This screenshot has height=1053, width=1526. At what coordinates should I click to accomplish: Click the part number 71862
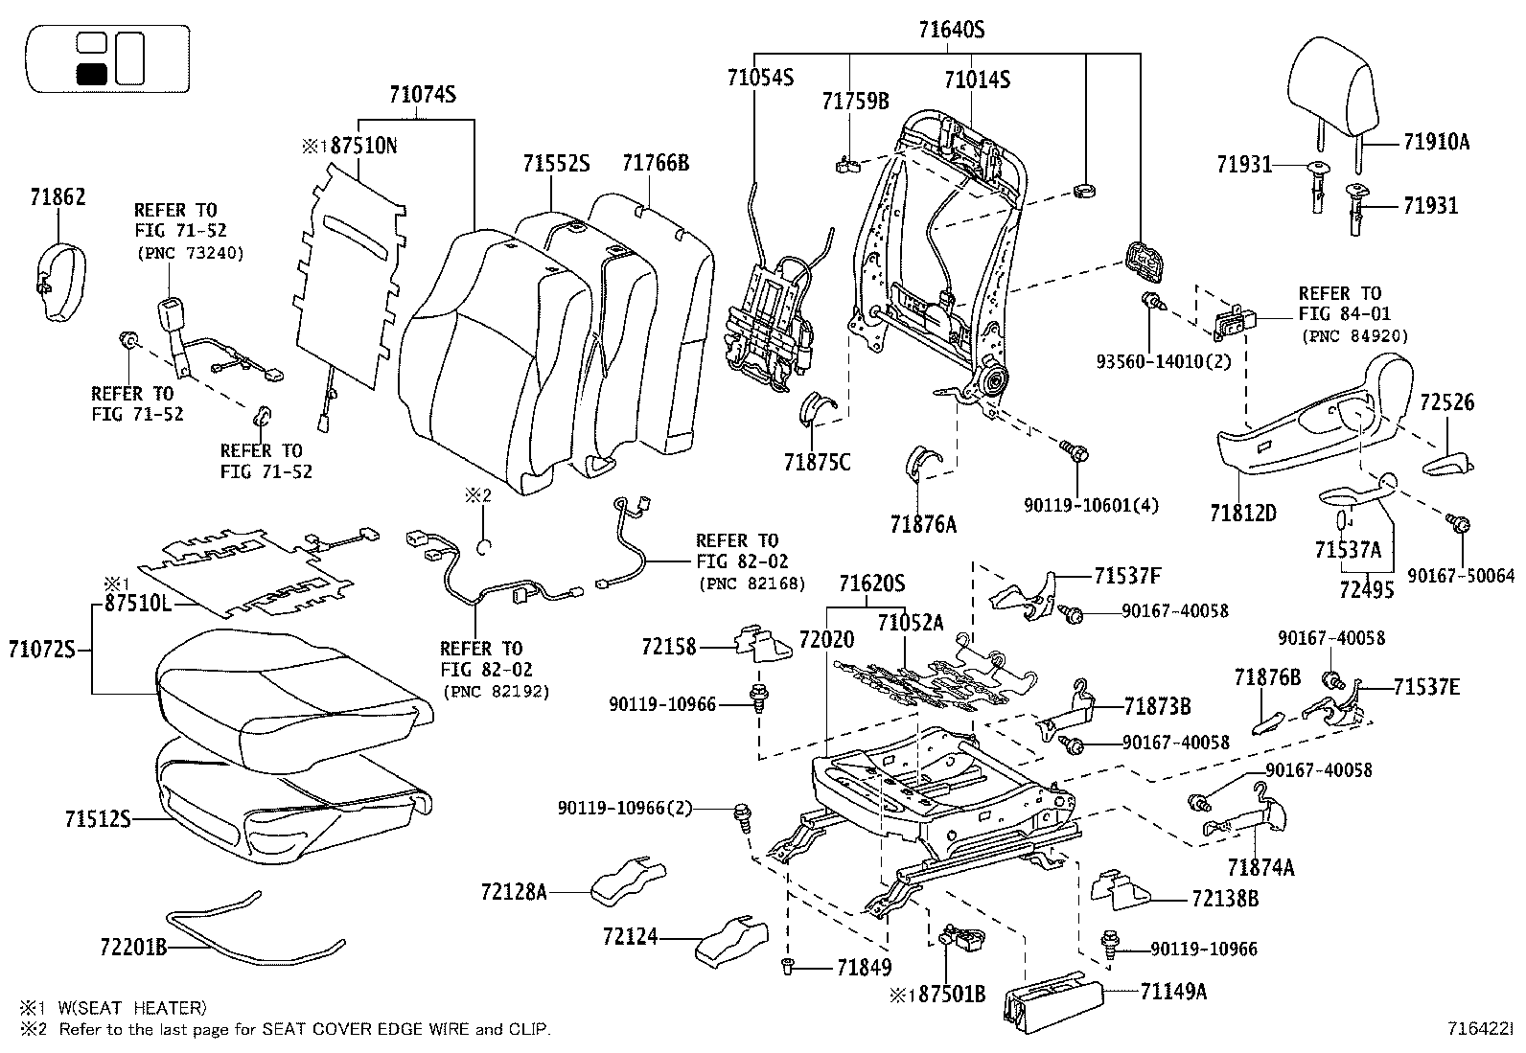pos(58,197)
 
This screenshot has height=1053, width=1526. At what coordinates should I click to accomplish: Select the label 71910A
pos(1436,142)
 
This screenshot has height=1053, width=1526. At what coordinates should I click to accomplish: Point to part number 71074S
pos(422,95)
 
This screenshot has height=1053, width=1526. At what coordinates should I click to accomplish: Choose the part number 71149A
pos(1173,992)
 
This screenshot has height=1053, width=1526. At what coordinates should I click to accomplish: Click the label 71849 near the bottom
pos(864,968)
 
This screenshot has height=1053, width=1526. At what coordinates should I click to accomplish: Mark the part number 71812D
pos(1243,513)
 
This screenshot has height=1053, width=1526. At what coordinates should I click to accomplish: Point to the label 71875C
pos(818,462)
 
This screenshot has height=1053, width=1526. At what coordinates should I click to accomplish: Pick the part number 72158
pos(670,648)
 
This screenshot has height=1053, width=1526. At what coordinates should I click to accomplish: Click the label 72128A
pos(514,892)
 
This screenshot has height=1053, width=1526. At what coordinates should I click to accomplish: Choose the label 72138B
pos(1225,899)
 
